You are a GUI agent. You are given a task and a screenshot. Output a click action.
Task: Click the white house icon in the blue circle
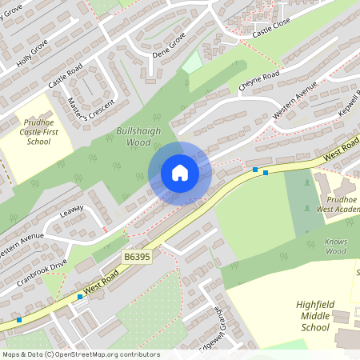pos(180,173)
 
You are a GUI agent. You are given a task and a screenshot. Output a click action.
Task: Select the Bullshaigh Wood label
pos(133,136)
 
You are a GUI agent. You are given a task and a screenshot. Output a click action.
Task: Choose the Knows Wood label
pos(336,246)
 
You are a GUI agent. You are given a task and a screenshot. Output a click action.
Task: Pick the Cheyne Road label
pos(258,81)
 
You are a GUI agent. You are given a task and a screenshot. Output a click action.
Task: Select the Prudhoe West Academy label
pos(337,203)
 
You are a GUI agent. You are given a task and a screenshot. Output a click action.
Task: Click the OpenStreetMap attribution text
pos(80,354)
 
